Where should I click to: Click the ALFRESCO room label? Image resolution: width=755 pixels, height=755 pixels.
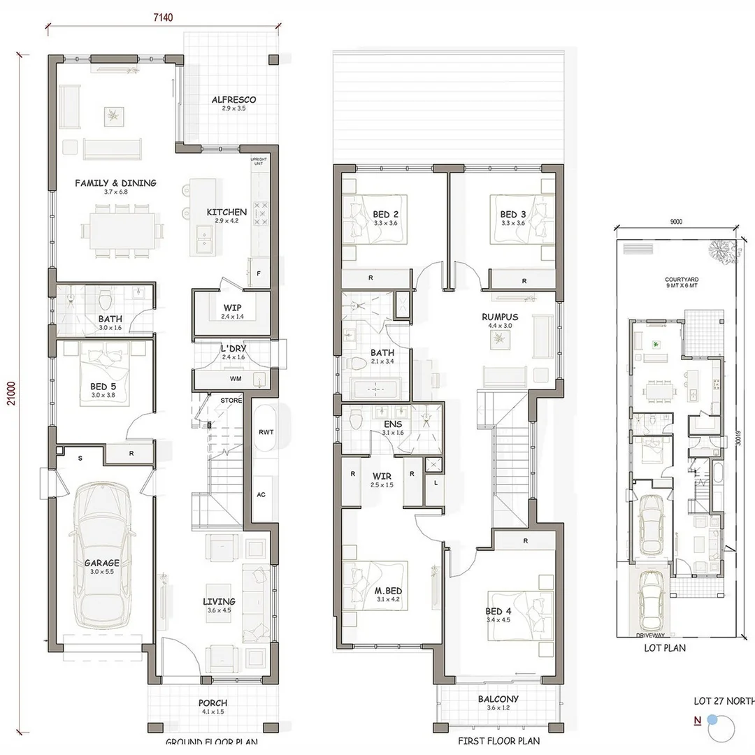(233, 100)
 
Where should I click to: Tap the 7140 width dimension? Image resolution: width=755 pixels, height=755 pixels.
(164, 17)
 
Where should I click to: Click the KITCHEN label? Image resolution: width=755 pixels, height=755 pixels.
(226, 212)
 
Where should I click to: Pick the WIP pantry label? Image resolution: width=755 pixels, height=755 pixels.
(232, 308)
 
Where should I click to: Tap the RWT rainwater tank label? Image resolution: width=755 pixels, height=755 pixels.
(266, 432)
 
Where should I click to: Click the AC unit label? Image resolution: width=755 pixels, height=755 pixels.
(261, 494)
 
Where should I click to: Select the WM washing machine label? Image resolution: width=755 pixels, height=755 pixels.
(216, 378)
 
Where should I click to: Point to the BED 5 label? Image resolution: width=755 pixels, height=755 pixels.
(103, 386)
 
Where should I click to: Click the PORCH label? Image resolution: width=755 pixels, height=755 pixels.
(213, 703)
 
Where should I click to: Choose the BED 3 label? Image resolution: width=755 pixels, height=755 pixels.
(512, 215)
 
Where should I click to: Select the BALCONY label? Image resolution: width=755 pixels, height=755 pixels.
(498, 699)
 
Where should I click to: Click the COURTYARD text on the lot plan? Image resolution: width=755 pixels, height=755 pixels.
(682, 280)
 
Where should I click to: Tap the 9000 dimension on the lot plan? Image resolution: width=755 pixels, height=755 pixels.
(675, 222)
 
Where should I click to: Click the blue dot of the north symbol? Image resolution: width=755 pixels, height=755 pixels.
(712, 719)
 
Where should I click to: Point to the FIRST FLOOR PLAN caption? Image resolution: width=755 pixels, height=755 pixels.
(498, 741)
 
